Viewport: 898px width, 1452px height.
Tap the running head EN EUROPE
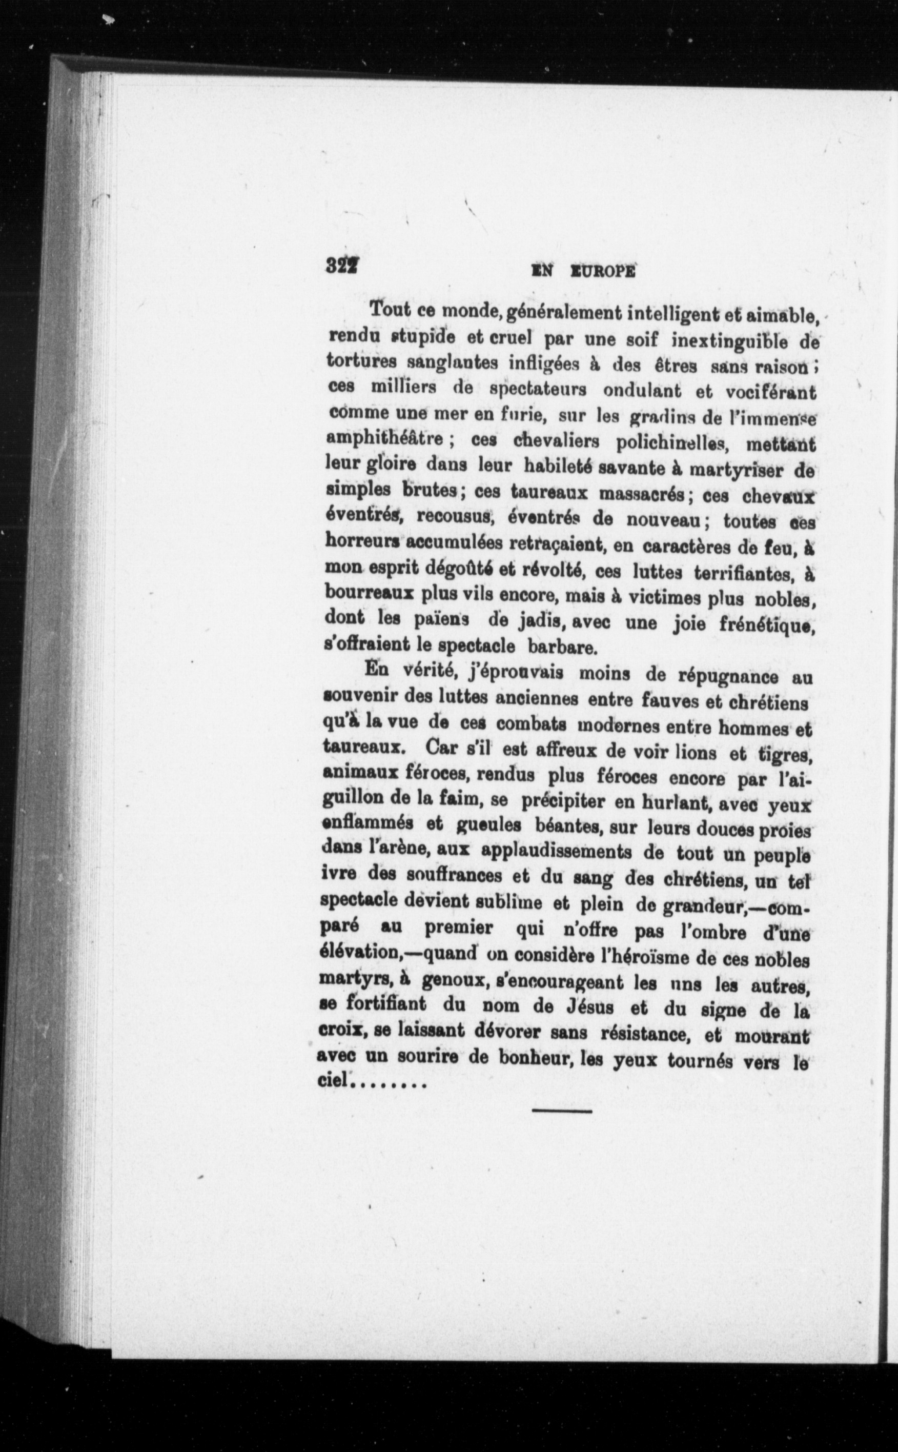[x=584, y=272]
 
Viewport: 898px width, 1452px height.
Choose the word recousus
[x=456, y=516]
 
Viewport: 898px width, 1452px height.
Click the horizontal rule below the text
[x=562, y=1111]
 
